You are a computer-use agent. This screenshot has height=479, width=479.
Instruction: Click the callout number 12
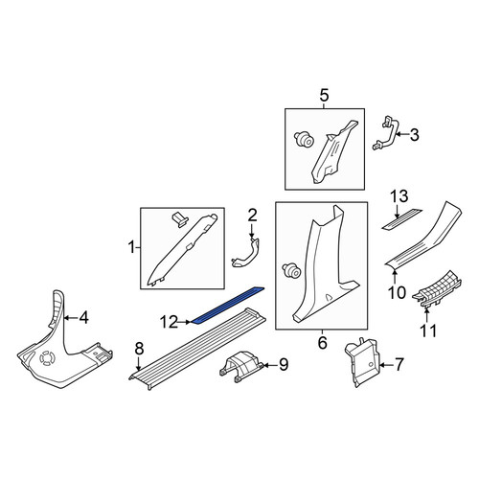(x=169, y=322)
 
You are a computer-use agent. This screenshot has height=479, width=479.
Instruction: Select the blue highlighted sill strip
(x=228, y=305)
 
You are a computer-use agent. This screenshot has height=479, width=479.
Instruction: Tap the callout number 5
(x=324, y=96)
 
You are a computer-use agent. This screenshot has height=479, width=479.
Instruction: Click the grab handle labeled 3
(x=385, y=133)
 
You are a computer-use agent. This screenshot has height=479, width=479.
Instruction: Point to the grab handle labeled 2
(x=246, y=252)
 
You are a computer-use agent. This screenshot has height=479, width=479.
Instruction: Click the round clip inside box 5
(x=304, y=140)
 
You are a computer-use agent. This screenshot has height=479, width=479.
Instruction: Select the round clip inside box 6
(x=292, y=270)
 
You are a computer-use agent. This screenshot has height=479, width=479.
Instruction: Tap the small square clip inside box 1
(x=181, y=220)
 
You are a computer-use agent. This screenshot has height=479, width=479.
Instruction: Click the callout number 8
(x=139, y=349)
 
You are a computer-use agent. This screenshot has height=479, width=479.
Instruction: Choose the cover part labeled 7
(x=363, y=362)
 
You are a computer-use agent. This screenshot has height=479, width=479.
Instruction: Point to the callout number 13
(x=399, y=195)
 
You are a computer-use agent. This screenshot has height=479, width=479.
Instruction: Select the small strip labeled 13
(x=401, y=219)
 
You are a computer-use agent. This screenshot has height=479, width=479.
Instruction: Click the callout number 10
(x=397, y=292)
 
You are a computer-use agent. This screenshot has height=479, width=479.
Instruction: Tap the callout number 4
(x=83, y=318)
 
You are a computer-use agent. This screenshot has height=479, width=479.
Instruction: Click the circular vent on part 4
(x=48, y=357)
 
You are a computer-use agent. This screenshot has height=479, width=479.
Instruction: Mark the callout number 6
(x=323, y=343)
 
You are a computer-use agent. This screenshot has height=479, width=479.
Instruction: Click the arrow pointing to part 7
(x=386, y=365)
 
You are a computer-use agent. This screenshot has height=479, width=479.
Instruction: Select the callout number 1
(x=131, y=247)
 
